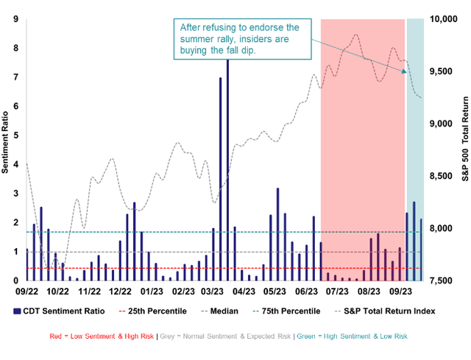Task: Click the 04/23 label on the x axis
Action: (x=246, y=292)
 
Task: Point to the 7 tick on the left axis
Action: (x=16, y=77)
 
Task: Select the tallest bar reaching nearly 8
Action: (x=227, y=169)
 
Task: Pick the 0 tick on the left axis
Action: (x=16, y=280)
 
